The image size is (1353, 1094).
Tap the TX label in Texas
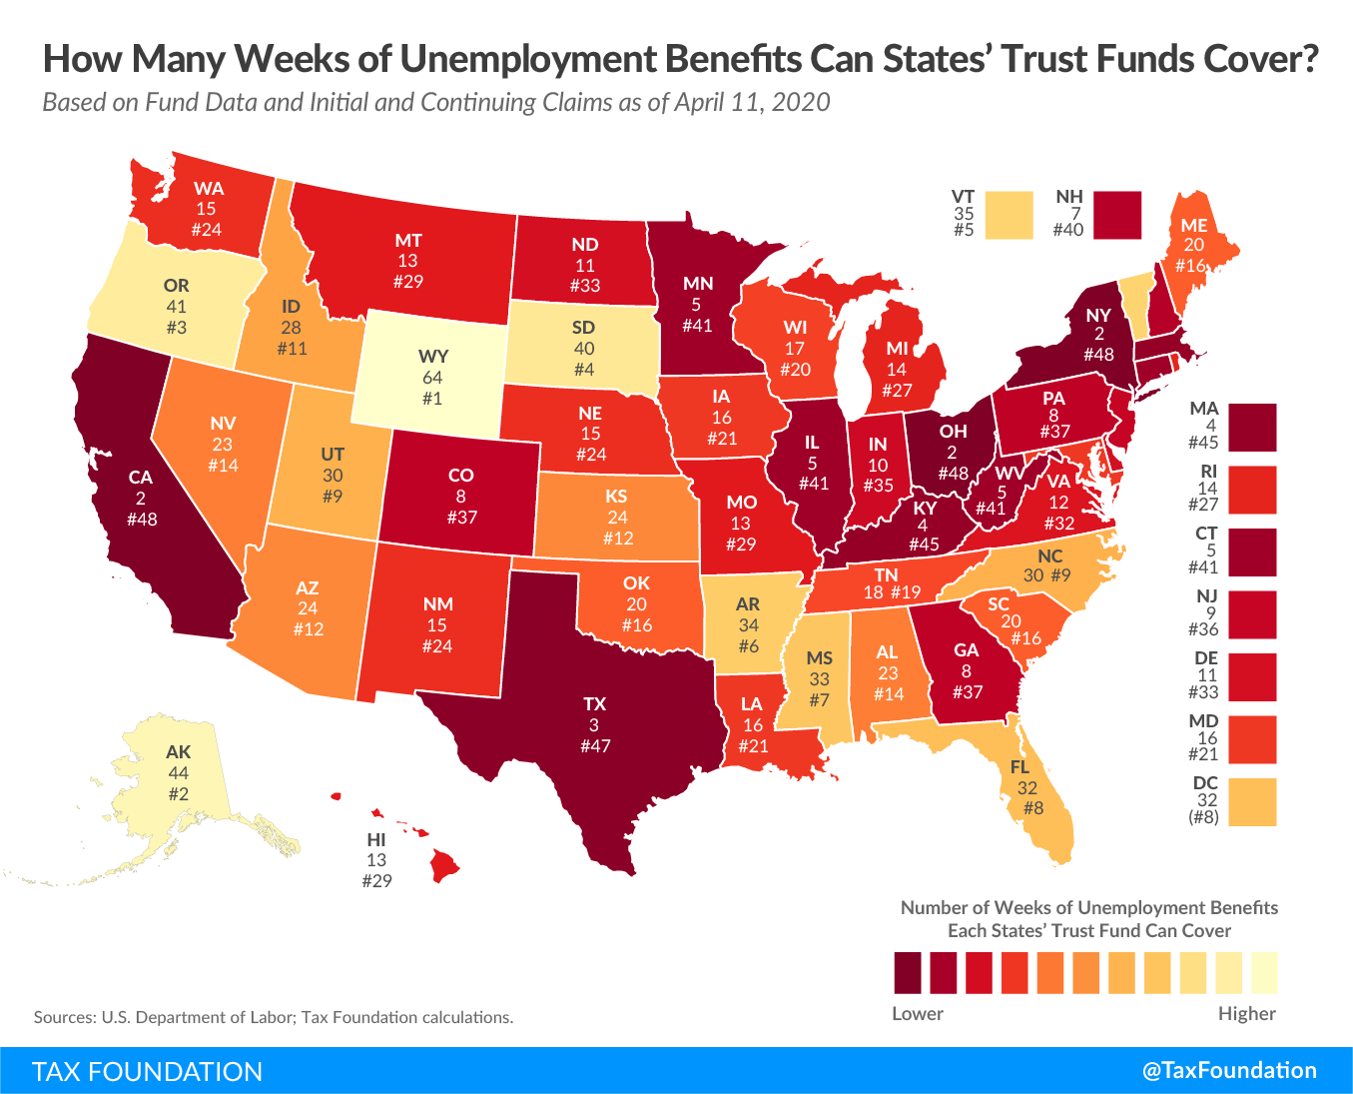595,703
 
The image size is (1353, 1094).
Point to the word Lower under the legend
917,1013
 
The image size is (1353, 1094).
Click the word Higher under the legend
1246,1013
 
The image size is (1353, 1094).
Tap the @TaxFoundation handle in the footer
1229,1070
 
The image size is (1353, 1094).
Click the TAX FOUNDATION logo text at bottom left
148,1071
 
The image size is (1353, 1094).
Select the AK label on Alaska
179,752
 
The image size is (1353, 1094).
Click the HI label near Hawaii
375,840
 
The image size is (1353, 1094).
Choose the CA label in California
141,478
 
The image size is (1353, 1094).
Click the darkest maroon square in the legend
909,972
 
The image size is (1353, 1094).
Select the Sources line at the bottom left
274,1017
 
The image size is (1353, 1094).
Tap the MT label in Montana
408,240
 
